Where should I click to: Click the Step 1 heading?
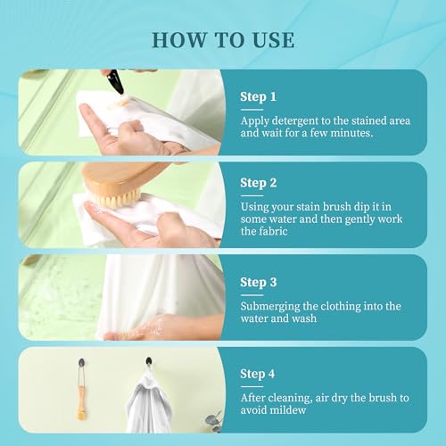258,97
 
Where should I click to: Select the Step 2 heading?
259,183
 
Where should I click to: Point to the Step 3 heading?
259,283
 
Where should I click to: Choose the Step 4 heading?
258,374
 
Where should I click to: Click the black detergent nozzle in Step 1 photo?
115,82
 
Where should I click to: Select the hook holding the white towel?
149,361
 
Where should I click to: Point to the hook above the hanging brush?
81,363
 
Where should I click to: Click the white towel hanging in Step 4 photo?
149,402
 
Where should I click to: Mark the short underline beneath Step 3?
252,295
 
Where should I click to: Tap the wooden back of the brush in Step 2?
122,176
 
